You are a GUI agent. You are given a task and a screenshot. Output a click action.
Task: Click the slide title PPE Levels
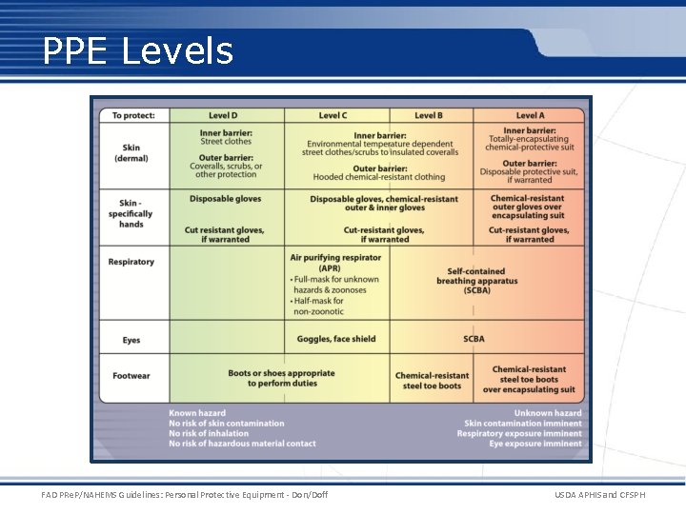point(138,50)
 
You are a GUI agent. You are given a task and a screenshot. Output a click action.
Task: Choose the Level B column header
point(429,115)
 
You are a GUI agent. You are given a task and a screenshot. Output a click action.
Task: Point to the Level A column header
point(530,115)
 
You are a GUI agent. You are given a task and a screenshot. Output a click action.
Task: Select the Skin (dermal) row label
point(131,153)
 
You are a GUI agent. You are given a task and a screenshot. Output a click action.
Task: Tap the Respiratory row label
point(131,262)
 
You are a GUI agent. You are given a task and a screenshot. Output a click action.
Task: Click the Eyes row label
point(131,340)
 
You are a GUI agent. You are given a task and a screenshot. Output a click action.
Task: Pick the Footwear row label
point(131,376)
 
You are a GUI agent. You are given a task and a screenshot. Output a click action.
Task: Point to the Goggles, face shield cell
point(337,339)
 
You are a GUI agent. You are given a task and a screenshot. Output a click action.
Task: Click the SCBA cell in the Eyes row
point(474,339)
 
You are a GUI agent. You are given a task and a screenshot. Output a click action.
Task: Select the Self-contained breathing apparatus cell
point(476,281)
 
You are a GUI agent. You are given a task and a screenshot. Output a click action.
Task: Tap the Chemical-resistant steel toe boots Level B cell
point(432,381)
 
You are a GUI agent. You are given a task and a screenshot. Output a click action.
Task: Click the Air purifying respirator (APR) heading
point(330,262)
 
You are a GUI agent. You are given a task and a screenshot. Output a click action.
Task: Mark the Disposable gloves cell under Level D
point(225,199)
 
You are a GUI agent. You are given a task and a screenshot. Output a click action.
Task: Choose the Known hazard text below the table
point(197,413)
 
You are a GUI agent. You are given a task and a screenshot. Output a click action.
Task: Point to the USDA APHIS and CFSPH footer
point(597,495)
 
